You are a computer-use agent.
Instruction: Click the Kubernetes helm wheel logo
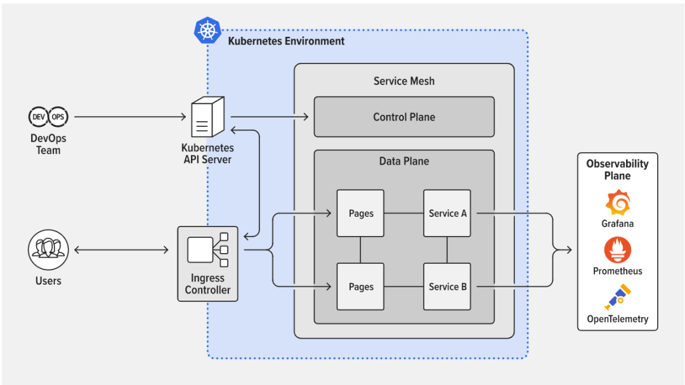point(207,30)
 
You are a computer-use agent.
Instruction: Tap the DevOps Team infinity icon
point(48,117)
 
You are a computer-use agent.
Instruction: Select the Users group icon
point(48,249)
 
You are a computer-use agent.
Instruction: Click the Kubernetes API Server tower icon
point(208,117)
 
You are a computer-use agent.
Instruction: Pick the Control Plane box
point(404,117)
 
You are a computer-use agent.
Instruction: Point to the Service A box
point(447,213)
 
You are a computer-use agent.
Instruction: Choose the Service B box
point(447,287)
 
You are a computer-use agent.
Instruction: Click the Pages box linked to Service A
point(360,213)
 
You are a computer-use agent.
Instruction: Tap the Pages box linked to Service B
point(360,287)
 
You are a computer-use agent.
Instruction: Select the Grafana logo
point(617,202)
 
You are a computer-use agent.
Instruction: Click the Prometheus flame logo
point(617,250)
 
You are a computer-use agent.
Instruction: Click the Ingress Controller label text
point(207,284)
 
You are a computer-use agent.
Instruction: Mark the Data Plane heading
point(404,161)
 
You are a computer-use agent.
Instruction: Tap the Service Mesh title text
point(404,81)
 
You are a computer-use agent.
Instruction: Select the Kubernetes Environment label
point(286,41)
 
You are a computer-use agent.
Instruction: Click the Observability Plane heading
point(617,169)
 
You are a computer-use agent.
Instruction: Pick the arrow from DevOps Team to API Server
point(130,117)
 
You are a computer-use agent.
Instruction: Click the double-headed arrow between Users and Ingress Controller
point(121,250)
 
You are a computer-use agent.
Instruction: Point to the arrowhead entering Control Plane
point(306,117)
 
